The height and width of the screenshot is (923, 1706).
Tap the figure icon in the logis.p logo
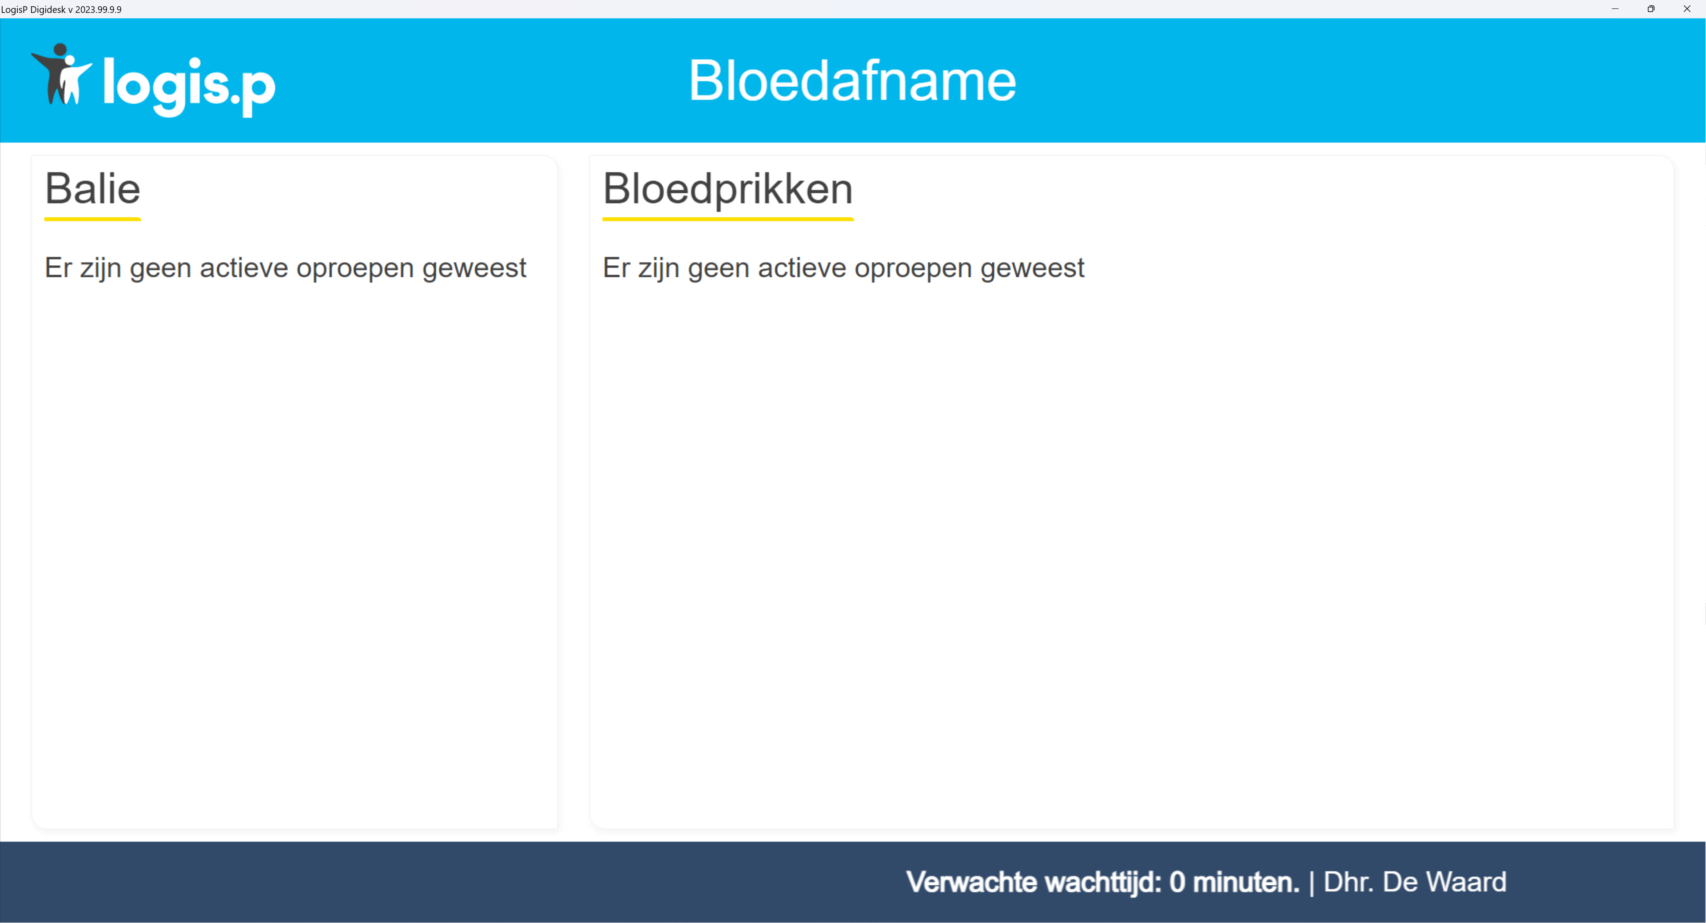(62, 74)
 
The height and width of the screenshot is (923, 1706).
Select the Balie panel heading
(93, 189)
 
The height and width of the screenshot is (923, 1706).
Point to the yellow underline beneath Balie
(93, 219)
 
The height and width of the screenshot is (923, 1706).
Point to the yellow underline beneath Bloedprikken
(728, 219)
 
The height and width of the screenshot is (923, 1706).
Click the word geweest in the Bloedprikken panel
(1033, 268)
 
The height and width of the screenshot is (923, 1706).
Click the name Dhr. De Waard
(1415, 883)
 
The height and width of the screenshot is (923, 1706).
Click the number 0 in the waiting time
(1177, 883)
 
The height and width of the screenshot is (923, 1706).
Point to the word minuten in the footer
(1246, 883)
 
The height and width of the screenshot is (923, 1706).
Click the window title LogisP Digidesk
(33, 9)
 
